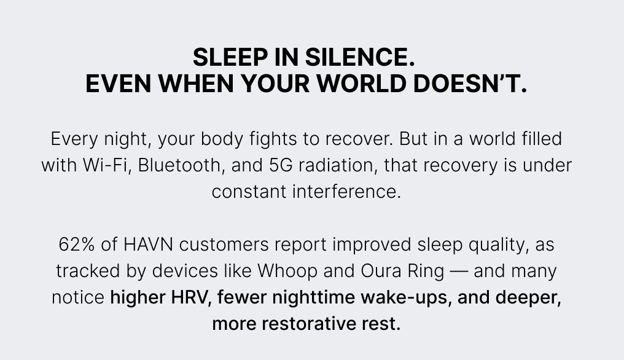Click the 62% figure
click(x=77, y=245)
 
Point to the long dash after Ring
click(x=457, y=271)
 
